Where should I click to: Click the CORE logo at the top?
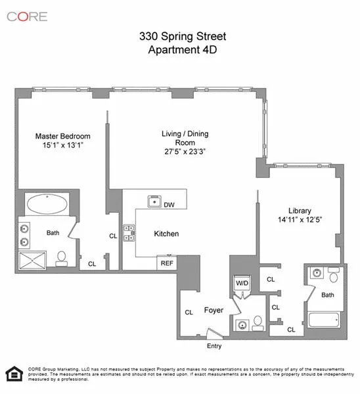(28, 16)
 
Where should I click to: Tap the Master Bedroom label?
(58, 137)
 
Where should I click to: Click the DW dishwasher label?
(169, 204)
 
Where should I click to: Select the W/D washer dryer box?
(241, 284)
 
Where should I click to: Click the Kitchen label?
(167, 234)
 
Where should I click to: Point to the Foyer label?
(214, 310)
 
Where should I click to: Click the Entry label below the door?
(214, 346)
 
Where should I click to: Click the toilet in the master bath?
(61, 257)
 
